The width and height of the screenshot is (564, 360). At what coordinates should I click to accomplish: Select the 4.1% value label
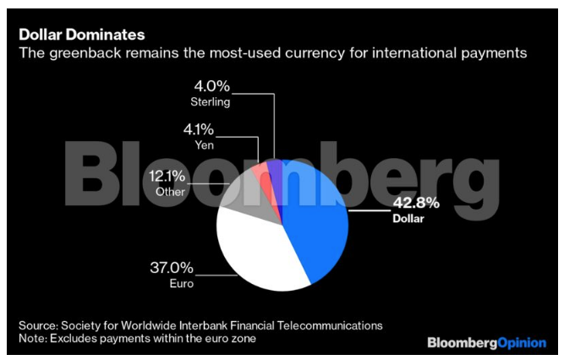tap(200, 131)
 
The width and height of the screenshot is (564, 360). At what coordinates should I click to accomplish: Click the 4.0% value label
tap(211, 88)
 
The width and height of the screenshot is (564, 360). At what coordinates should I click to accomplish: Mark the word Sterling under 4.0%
tap(211, 102)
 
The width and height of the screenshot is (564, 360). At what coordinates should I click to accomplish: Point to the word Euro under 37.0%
tap(181, 284)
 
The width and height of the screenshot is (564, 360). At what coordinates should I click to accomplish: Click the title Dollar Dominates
tap(82, 35)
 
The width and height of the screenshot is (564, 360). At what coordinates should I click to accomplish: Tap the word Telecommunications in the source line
tap(331, 325)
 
